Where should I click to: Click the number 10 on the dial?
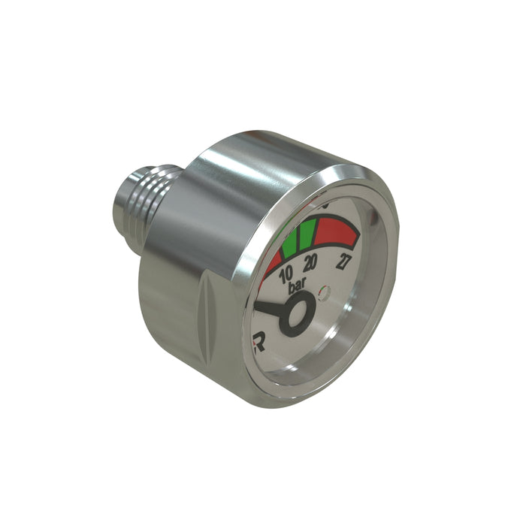pyautogui.click(x=286, y=275)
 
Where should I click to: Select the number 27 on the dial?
pyautogui.click(x=347, y=263)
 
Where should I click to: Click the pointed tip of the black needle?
pyautogui.click(x=256, y=305)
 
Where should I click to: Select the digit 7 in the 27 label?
pyautogui.click(x=351, y=263)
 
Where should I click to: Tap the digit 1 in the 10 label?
pyautogui.click(x=283, y=276)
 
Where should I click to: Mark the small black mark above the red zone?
pyautogui.click(x=325, y=204)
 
